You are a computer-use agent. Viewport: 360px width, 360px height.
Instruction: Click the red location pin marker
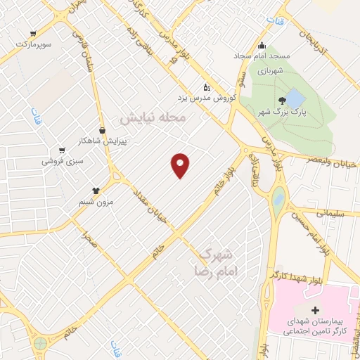pos(181,165)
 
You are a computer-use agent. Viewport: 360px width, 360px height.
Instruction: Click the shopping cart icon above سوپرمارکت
pos(34,33)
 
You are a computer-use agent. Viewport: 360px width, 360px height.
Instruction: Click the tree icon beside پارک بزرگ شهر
pos(283,101)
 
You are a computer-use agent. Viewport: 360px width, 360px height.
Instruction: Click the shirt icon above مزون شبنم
pos(96,190)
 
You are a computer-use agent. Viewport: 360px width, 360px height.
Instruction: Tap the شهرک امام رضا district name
pos(216,261)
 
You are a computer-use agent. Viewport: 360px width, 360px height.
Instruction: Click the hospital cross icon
pos(314,310)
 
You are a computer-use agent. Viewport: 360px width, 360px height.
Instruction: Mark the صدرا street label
pos(89,242)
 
